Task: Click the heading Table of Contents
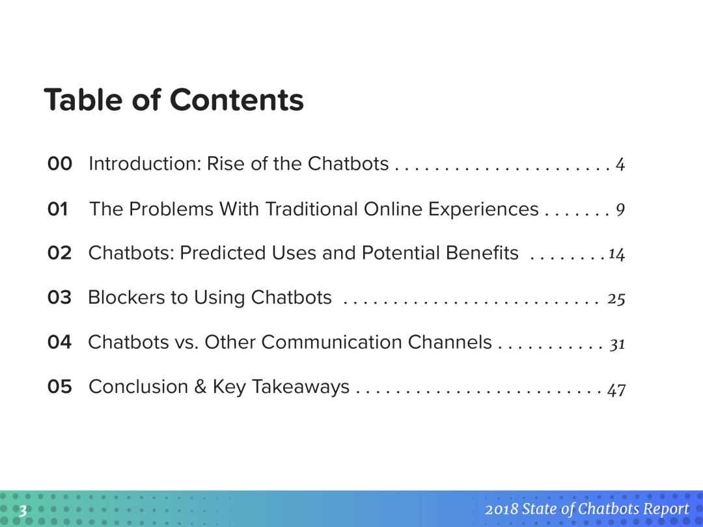[x=174, y=100]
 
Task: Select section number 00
[x=60, y=163]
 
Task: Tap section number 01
[x=58, y=209]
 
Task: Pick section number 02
[x=60, y=252]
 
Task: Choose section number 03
[x=60, y=297]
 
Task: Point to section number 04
[x=60, y=342]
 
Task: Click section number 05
[x=60, y=386]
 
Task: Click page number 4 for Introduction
[x=620, y=165]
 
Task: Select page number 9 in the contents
[x=620, y=209]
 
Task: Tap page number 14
[x=617, y=254]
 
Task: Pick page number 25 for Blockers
[x=616, y=299]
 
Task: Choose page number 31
[x=617, y=344]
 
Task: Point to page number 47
[x=616, y=389]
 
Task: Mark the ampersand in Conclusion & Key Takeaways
[x=200, y=386]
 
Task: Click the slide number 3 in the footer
[x=22, y=511]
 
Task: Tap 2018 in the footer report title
[x=501, y=509]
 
